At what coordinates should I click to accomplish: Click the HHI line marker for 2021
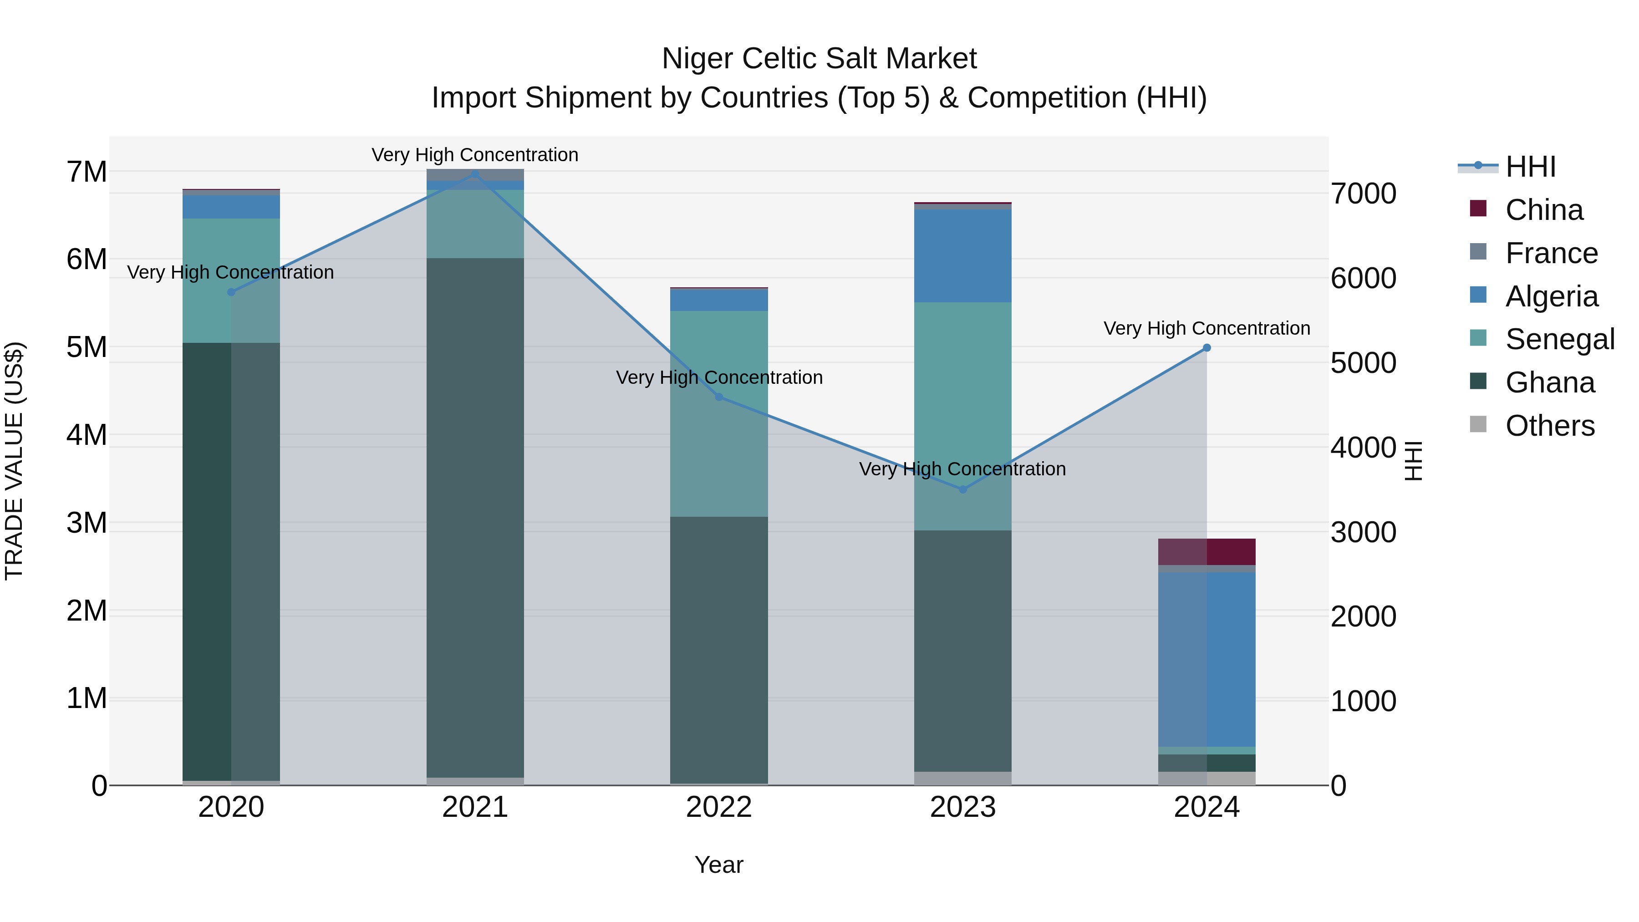[x=475, y=173]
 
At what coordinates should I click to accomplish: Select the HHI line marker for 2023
[x=962, y=489]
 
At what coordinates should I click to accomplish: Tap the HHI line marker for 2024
[x=1206, y=348]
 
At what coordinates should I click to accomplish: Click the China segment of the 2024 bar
[x=1206, y=552]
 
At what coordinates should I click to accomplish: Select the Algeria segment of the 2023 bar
[x=962, y=256]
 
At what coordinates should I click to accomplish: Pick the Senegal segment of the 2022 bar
[x=719, y=413]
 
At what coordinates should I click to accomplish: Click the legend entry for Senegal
[x=1559, y=339]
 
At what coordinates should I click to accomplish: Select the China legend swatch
[x=1478, y=209]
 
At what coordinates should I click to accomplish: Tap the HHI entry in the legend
[x=1530, y=167]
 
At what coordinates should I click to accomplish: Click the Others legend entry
[x=1549, y=426]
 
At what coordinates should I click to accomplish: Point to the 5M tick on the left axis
[x=87, y=347]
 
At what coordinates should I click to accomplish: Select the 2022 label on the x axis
[x=719, y=807]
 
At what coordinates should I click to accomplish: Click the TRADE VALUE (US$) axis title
[x=14, y=461]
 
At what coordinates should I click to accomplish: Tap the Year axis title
[x=719, y=865]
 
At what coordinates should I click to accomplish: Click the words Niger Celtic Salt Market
[x=819, y=59]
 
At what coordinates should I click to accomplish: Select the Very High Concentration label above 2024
[x=1206, y=328]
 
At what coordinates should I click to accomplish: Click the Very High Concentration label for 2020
[x=230, y=272]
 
